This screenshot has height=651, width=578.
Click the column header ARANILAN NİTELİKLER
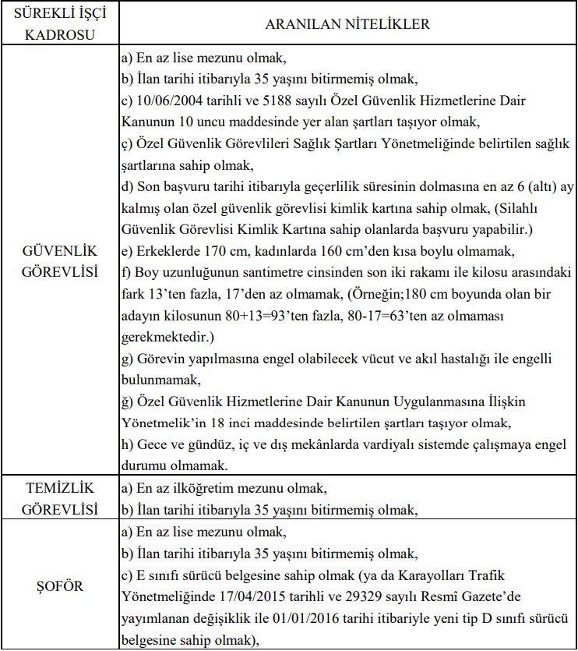coord(347,24)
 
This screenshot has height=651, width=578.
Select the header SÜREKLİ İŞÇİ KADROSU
coord(61,24)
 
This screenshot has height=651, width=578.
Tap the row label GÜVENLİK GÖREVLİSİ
coord(61,261)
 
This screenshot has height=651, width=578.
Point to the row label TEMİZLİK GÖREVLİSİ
coord(61,498)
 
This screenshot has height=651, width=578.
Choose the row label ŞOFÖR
coord(61,584)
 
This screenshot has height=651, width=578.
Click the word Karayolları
coord(460,575)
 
